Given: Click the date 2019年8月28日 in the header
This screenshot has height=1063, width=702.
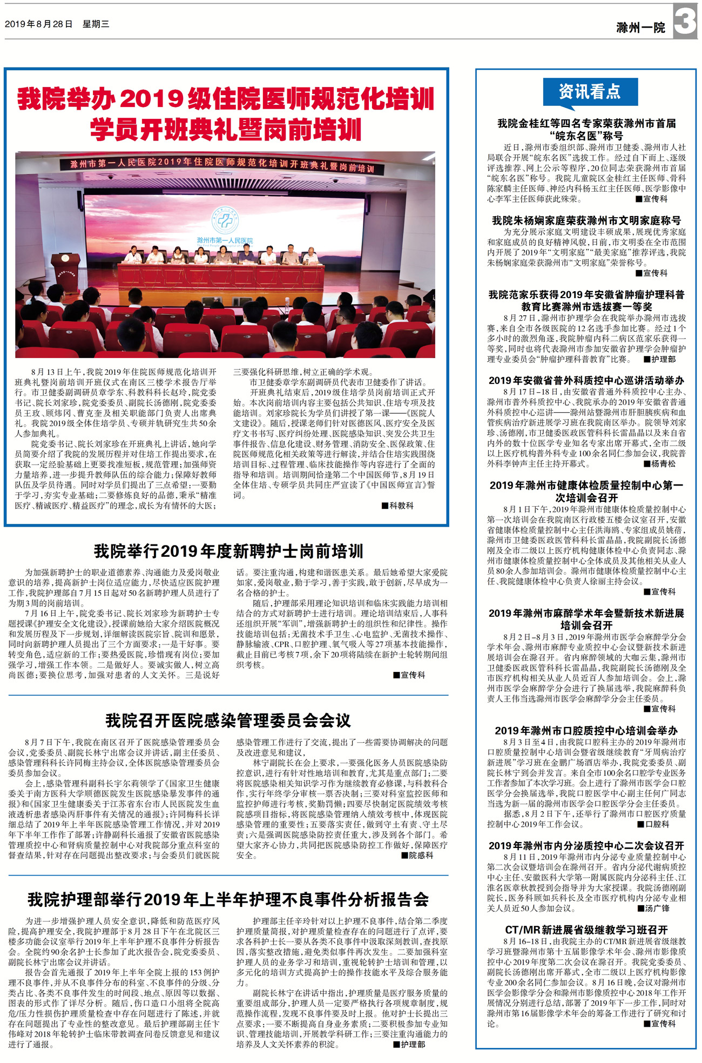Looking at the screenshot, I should (x=38, y=24).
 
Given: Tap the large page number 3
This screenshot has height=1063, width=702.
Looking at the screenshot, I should (x=685, y=22).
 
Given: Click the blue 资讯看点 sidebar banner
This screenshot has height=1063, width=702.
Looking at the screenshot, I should (x=590, y=91).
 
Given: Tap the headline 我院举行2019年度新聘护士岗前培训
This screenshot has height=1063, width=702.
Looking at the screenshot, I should (x=228, y=551).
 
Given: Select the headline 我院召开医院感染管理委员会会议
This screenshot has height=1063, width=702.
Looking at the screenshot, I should (x=228, y=720).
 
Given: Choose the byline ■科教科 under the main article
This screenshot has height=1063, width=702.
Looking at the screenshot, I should (x=397, y=506).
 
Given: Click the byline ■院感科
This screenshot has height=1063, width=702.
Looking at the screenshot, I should (x=417, y=855).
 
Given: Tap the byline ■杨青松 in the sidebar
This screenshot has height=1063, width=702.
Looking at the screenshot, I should (x=659, y=463).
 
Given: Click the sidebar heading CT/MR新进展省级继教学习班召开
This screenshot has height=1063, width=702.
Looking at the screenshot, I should (x=586, y=930).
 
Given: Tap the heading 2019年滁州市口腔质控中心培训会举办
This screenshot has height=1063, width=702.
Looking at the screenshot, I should (x=586, y=730).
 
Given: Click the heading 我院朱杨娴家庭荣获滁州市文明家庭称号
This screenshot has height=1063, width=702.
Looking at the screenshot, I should (x=586, y=220).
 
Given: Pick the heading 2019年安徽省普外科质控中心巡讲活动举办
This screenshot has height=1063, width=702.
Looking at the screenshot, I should (x=586, y=380).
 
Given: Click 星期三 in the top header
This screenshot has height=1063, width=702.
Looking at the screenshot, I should (x=96, y=24).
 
